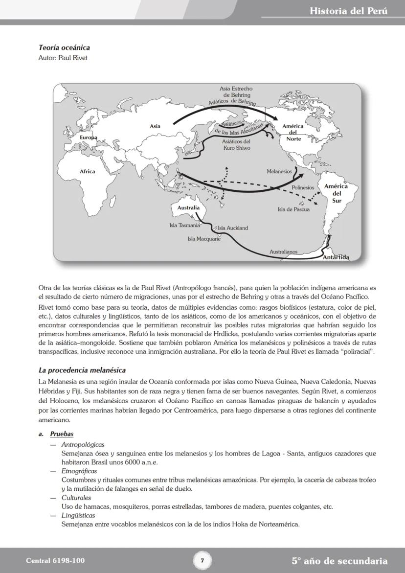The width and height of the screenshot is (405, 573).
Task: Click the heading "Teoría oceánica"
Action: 64,48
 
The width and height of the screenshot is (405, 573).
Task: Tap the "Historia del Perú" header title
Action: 348,11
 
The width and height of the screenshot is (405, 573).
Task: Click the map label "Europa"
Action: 89,138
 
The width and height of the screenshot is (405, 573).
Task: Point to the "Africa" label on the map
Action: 88,171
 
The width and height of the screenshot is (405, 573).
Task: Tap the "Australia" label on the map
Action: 188,207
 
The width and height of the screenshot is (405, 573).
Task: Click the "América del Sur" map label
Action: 336,193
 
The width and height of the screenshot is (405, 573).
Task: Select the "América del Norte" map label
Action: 292,132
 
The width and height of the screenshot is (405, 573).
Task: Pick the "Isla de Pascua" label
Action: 293,209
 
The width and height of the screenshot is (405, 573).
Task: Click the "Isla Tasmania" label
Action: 184,226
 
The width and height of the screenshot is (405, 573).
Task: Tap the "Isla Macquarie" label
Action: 204,239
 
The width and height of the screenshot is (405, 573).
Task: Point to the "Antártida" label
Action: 336,257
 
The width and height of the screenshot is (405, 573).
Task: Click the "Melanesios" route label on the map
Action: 279,172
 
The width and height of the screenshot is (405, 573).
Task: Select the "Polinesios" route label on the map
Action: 303,188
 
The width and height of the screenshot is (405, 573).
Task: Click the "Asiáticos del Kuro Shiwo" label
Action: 236,144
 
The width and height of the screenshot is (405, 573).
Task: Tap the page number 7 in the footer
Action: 202,560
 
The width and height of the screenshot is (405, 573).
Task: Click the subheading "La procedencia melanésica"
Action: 82,370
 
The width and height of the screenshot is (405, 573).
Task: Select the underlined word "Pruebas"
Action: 62,434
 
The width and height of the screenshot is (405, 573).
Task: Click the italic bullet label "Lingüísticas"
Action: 78,515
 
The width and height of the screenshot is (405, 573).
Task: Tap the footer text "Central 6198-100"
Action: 51,561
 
